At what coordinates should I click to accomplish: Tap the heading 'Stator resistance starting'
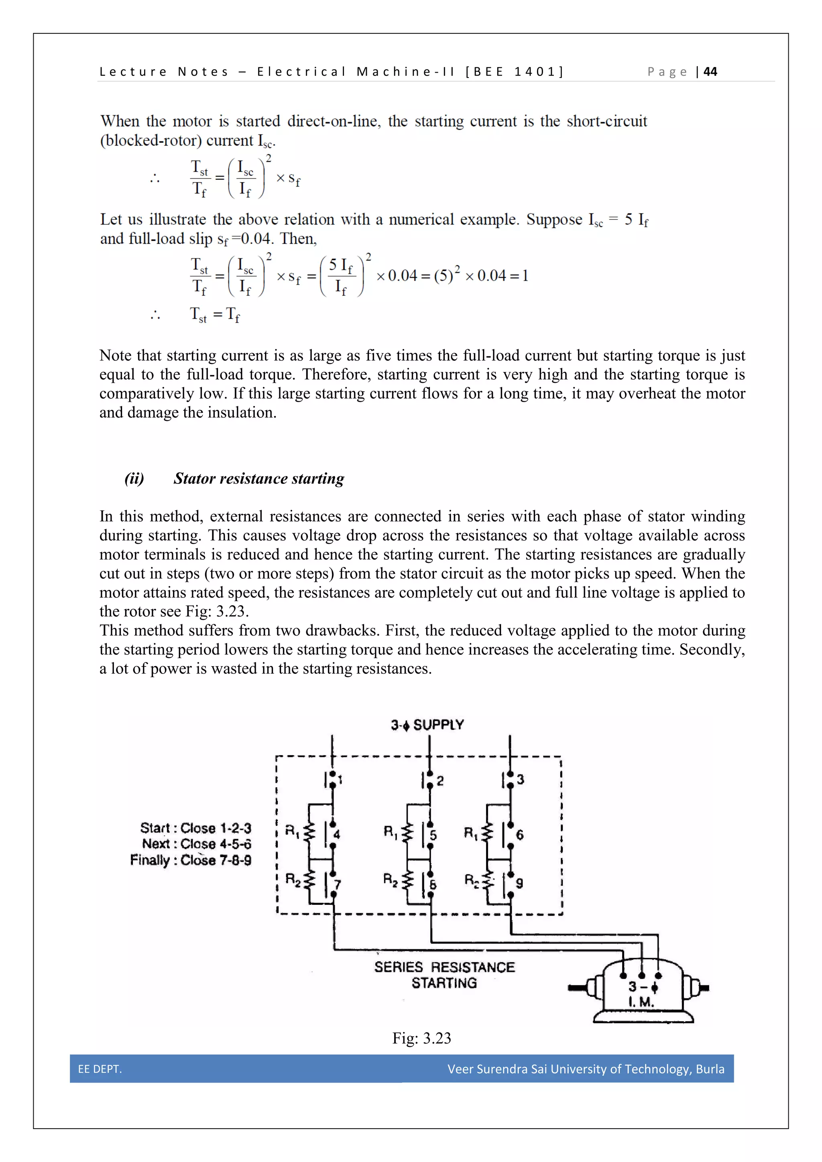(x=258, y=478)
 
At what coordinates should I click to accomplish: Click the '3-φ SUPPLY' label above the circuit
(x=427, y=725)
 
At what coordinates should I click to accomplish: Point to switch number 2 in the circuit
(x=429, y=780)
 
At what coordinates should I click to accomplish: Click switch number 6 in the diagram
(x=510, y=835)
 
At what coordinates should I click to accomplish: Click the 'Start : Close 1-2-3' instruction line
(x=195, y=828)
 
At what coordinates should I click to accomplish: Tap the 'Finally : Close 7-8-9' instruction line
(x=190, y=860)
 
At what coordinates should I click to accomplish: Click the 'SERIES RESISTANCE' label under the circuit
(x=444, y=967)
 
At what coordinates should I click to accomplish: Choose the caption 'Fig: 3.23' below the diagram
(x=421, y=1038)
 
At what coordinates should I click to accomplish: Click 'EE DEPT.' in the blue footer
(x=100, y=1069)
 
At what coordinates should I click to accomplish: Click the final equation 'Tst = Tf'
(x=215, y=315)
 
